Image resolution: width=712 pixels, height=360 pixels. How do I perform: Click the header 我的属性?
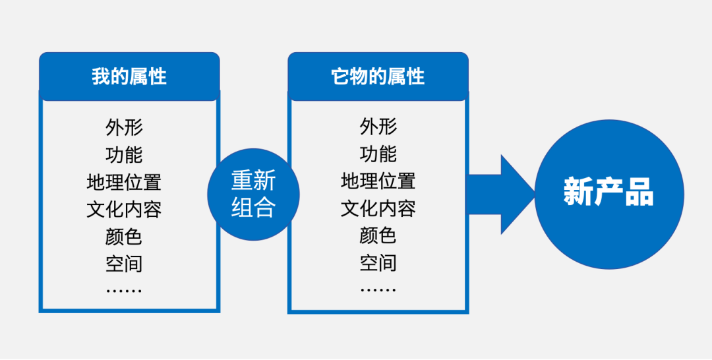[x=129, y=76]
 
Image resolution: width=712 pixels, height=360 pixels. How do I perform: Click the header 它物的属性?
[x=378, y=76]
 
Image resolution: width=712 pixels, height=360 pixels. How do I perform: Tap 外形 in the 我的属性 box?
[x=124, y=127]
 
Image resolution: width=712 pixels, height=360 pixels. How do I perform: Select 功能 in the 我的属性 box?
[x=124, y=154]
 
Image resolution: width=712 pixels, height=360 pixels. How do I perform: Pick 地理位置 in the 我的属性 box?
[x=124, y=181]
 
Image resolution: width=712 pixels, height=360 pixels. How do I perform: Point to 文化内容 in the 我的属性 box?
[x=124, y=209]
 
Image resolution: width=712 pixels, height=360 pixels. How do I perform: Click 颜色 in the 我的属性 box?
[x=124, y=236]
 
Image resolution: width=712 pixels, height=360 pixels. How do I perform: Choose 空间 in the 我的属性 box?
[x=124, y=263]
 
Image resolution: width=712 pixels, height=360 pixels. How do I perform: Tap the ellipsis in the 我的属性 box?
[x=124, y=291]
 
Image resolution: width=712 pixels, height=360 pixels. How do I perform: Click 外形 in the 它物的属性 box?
[x=378, y=127]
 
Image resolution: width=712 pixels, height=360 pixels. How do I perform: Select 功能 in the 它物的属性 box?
[x=378, y=154]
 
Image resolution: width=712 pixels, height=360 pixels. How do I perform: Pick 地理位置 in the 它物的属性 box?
[x=378, y=181]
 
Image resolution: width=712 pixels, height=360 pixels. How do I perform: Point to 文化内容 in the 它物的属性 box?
[x=378, y=208]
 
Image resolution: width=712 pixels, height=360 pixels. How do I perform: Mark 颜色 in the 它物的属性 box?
[x=378, y=235]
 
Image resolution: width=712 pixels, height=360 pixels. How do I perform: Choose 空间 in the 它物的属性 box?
[x=378, y=263]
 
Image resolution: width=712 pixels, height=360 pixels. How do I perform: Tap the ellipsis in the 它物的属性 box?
[x=378, y=289]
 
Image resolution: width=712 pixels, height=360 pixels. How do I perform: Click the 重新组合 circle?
[x=253, y=195]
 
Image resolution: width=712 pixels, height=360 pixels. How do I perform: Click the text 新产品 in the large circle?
[x=608, y=193]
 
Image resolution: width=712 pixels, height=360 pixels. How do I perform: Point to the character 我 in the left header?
[x=101, y=76]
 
